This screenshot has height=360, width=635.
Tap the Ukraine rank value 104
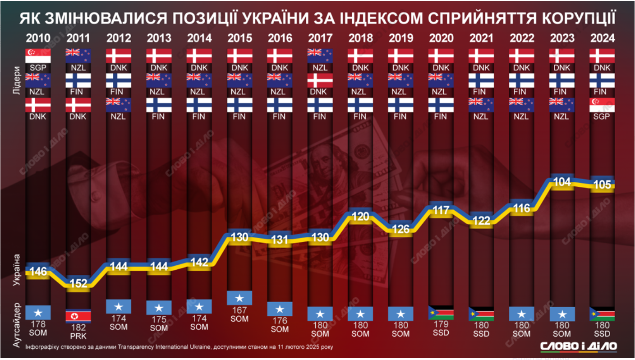[561, 182]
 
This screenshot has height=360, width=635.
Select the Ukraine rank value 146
[38, 271]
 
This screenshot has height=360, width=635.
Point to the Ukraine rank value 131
[280, 240]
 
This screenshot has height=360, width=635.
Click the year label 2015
[239, 38]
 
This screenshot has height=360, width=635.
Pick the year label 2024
[602, 38]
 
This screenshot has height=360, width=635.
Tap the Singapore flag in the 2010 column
[38, 56]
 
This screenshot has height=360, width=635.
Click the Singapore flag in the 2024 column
[602, 105]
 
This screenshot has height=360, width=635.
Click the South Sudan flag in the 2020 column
[441, 313]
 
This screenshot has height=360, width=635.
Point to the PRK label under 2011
[78, 336]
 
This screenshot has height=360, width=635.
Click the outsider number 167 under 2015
[239, 310]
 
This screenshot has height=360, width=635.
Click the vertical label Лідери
[16, 80]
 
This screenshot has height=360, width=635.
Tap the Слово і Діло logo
[579, 346]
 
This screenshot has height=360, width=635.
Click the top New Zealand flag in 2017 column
[320, 56]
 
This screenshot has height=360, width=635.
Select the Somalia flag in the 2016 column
[280, 309]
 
